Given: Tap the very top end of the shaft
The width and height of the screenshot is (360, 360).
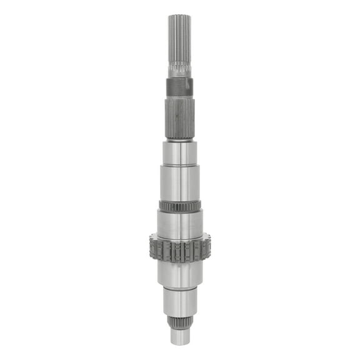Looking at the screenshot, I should (180, 15).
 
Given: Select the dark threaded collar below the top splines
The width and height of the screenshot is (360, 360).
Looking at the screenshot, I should (180, 87).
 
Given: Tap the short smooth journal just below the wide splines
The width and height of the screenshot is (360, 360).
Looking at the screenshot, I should (180, 152).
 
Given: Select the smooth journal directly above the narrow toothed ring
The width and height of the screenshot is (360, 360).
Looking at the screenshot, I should (180, 182).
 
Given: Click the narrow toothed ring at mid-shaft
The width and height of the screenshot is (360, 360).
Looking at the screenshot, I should (180, 205).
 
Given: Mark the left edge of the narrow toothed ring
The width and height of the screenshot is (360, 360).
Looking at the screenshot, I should (160, 205).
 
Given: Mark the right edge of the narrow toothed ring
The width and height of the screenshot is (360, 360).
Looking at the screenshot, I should (200, 205).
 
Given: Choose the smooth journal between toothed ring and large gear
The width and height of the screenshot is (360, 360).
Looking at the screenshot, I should (180, 224).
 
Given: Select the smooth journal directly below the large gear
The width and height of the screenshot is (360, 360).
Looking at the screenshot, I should (180, 274).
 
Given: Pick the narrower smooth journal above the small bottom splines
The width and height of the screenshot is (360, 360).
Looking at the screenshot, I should (180, 302).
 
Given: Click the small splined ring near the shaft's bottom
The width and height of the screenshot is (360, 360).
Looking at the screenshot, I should (180, 322).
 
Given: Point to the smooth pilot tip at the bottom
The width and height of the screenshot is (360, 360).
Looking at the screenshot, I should (180, 337).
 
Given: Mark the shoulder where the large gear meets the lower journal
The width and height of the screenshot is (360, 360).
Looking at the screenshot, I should (180, 262).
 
